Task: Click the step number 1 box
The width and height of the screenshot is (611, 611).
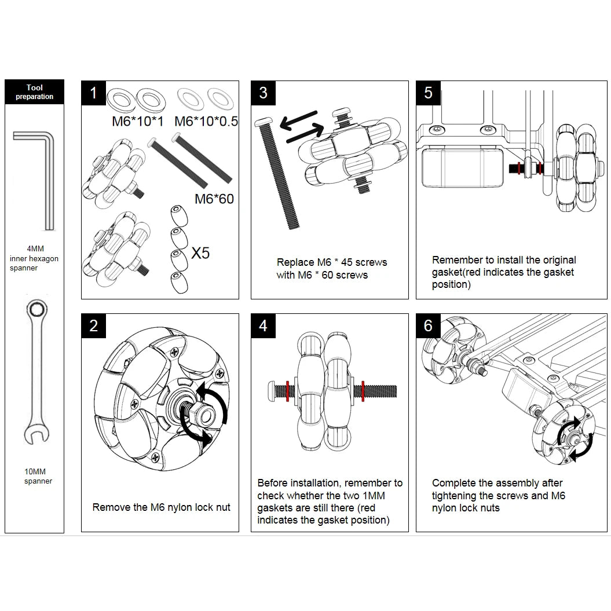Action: [x=93, y=93]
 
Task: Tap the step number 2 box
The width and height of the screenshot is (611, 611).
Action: [x=93, y=325]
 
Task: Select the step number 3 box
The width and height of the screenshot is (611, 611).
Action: [x=264, y=93]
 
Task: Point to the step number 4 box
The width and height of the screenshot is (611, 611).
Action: [x=264, y=325]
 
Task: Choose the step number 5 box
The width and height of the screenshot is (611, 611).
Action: [x=428, y=93]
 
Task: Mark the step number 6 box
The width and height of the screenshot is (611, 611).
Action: [x=428, y=325]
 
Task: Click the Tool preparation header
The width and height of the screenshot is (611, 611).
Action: [x=34, y=92]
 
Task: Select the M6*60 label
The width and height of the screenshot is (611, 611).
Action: [x=214, y=199]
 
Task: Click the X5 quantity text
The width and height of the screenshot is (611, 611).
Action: [x=200, y=253]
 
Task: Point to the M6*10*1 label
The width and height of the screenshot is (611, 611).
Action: [x=138, y=122]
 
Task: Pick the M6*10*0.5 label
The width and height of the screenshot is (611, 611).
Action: [x=206, y=122]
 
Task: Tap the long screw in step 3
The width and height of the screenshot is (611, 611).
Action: [x=277, y=173]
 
